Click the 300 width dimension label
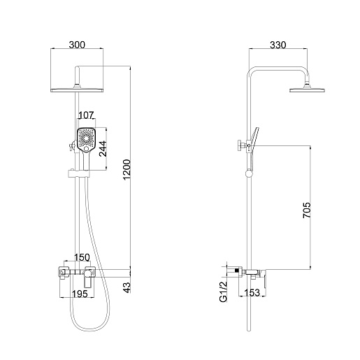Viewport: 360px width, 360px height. click(77, 45)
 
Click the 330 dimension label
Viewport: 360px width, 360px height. click(278, 45)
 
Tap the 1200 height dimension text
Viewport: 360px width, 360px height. click(127, 170)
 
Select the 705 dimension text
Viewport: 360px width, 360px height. click(307, 210)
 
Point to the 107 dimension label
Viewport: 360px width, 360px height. click(86, 115)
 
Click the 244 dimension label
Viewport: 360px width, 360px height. click(103, 149)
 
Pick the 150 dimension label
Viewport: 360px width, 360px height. click(82, 257)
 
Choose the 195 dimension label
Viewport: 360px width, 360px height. click(80, 294)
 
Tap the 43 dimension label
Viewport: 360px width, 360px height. click(127, 287)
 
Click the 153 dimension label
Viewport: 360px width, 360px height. click(252, 292)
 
